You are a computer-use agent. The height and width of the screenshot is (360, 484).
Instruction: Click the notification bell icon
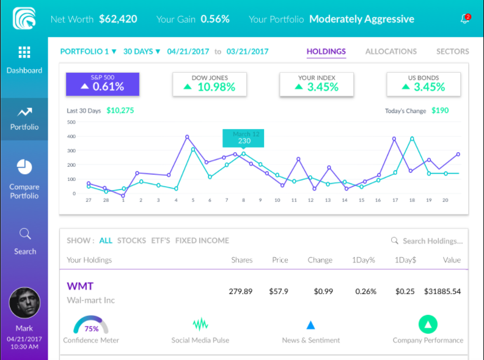[x=464, y=19]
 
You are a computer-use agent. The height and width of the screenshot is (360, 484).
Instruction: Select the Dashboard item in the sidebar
[x=24, y=59]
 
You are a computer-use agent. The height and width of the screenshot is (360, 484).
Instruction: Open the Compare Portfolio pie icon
[x=24, y=166]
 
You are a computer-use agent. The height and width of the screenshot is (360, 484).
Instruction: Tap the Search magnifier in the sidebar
[x=25, y=233]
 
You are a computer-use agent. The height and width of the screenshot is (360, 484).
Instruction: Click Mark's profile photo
[x=24, y=303]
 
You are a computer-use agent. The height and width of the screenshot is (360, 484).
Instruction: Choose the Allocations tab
[x=391, y=51]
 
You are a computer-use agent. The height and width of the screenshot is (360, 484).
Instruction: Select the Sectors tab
[x=452, y=51]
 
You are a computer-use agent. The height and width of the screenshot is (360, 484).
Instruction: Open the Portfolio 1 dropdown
[x=88, y=51]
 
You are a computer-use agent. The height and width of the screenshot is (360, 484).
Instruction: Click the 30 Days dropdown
[x=142, y=51]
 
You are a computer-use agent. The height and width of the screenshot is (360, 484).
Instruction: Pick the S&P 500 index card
[x=102, y=84]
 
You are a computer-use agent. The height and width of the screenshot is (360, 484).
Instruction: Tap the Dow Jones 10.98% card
[x=209, y=84]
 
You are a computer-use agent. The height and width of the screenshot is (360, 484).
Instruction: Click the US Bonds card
[x=424, y=84]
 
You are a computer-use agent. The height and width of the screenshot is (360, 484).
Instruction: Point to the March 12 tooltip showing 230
[x=244, y=138]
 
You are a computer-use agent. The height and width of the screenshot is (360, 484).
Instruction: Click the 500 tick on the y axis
[x=71, y=122]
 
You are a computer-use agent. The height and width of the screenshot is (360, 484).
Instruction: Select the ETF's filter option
[x=161, y=240]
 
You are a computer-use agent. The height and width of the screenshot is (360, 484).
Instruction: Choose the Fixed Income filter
[x=202, y=240]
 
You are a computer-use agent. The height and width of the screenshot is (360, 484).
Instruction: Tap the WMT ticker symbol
[x=80, y=285]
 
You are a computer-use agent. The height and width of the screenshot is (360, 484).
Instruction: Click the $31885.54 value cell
[x=442, y=292]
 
